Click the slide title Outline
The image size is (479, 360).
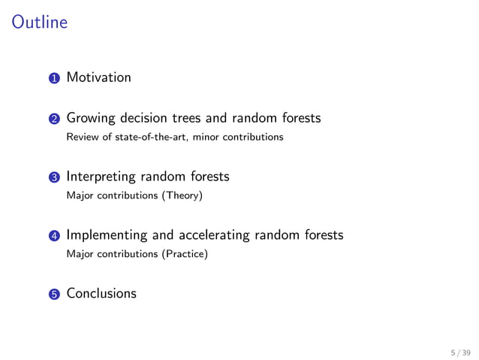(40, 23)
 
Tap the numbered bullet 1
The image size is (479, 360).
(54, 78)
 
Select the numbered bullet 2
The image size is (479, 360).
(54, 119)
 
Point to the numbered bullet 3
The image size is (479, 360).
(54, 177)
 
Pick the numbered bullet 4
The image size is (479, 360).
(54, 236)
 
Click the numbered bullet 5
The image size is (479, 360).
(54, 294)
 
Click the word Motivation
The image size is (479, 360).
(98, 77)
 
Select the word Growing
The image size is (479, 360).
(90, 119)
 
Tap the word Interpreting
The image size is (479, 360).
(101, 177)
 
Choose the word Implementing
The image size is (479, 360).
(107, 235)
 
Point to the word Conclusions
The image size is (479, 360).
(101, 293)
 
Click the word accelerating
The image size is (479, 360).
(212, 235)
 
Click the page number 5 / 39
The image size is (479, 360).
(459, 351)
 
